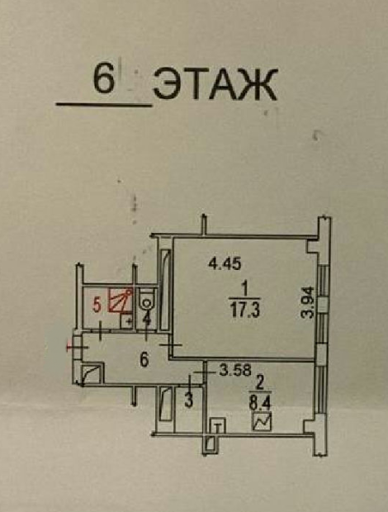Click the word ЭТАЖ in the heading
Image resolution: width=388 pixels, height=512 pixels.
click(x=215, y=84)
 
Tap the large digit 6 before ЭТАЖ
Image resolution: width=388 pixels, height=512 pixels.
click(x=104, y=78)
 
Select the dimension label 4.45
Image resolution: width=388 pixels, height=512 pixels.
click(x=225, y=263)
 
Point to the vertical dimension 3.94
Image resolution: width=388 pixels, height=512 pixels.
click(x=308, y=302)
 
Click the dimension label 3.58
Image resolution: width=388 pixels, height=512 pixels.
click(x=235, y=370)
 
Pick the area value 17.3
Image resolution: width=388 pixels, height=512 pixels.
click(x=244, y=310)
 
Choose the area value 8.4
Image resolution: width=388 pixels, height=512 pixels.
click(x=260, y=404)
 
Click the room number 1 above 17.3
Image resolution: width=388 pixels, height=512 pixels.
click(x=245, y=289)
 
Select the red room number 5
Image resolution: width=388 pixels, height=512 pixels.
click(x=97, y=306)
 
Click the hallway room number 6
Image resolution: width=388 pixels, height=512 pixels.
click(x=144, y=360)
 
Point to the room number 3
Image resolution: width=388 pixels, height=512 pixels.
click(x=189, y=401)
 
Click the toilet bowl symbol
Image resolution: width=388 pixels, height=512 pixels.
click(x=146, y=300)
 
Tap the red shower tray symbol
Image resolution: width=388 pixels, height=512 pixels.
click(x=121, y=300)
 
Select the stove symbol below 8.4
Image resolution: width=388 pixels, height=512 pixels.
click(x=262, y=421)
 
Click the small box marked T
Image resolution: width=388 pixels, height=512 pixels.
click(x=218, y=425)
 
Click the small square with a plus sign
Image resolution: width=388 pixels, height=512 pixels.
click(x=126, y=321)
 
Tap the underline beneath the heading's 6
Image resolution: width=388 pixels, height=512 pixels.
click(x=104, y=105)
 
